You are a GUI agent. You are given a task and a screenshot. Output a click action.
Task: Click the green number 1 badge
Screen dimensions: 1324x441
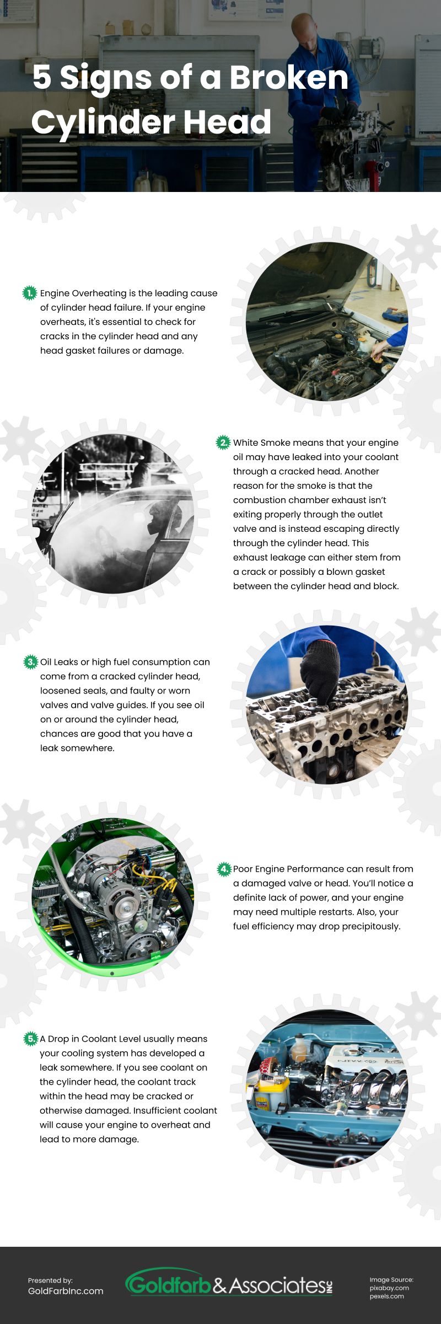tap(29, 293)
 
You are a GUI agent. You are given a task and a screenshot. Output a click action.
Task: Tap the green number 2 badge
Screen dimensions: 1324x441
tap(223, 442)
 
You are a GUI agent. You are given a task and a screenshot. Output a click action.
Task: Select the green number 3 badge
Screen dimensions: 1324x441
tap(30, 661)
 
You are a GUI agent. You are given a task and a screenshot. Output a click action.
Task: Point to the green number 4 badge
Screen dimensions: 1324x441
tap(224, 869)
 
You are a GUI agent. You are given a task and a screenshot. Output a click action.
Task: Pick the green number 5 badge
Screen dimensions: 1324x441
tap(30, 1039)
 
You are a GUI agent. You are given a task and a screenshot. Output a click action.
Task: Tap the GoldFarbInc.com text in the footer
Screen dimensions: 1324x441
tap(66, 1291)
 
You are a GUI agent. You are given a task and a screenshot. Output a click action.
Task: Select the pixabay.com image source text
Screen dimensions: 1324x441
tap(389, 1288)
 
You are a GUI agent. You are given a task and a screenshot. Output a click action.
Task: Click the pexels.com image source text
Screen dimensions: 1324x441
tap(387, 1296)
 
